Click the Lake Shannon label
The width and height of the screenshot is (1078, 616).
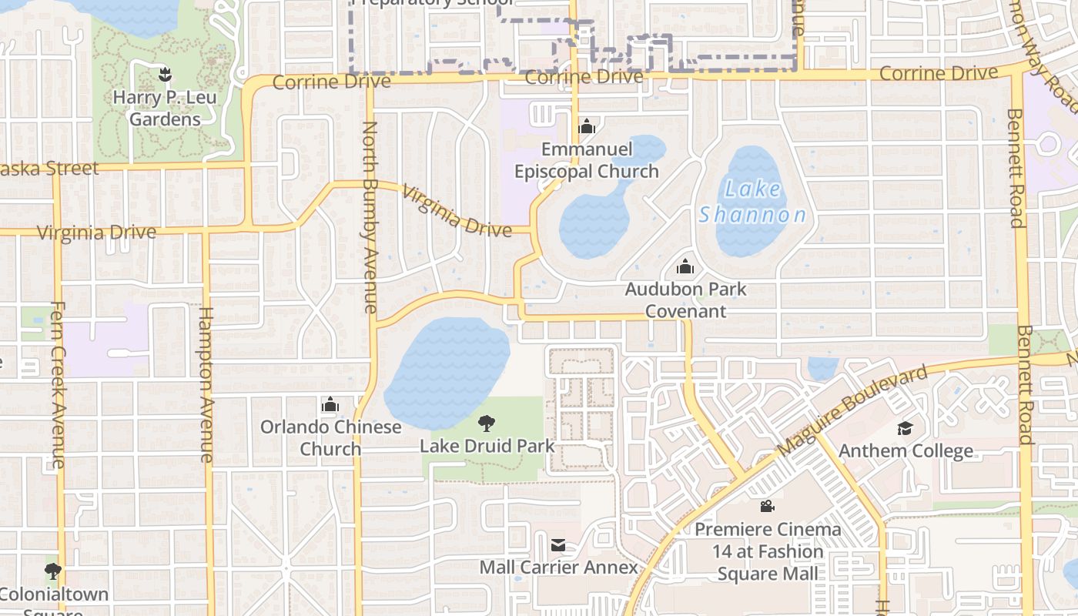[752, 202]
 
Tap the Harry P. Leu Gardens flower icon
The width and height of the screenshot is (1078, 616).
[164, 75]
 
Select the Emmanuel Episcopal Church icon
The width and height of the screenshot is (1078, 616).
[587, 126]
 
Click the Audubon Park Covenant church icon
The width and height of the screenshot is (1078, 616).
[685, 267]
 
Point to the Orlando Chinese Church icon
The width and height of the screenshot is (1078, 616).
[330, 404]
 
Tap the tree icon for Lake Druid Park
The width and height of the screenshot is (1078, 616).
[486, 423]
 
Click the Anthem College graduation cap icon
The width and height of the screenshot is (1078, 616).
[905, 428]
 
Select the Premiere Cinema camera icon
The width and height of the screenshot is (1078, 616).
[767, 507]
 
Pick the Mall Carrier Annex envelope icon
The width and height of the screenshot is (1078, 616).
[558, 545]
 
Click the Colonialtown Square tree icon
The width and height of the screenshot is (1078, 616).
[52, 571]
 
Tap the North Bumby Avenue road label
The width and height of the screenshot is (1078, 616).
[370, 217]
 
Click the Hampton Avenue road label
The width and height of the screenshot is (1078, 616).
[206, 384]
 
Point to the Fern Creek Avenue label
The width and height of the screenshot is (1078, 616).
[58, 384]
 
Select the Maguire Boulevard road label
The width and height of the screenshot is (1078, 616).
[852, 410]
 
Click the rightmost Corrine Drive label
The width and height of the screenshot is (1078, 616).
[938, 73]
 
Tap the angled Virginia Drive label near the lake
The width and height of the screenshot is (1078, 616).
[457, 212]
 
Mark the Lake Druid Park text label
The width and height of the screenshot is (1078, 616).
[487, 445]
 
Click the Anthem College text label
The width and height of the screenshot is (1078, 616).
[906, 450]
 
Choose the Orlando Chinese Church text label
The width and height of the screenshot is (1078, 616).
[330, 437]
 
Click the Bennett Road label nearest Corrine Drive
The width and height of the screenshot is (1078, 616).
[1015, 168]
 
